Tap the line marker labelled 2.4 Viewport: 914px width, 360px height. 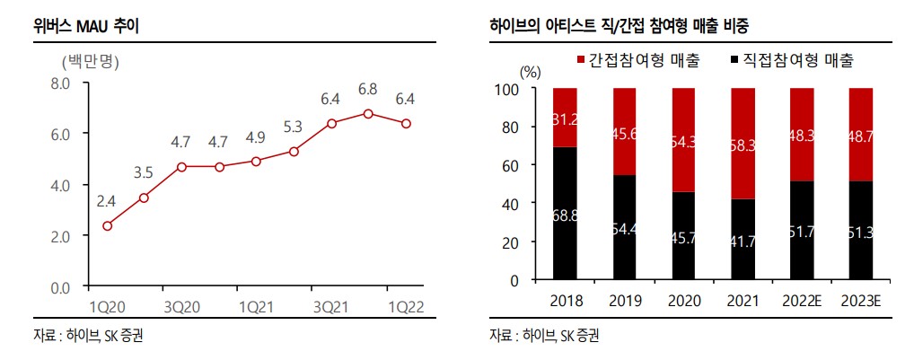(107, 225)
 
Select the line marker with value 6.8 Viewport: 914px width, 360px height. (368, 113)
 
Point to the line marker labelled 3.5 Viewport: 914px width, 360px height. (144, 197)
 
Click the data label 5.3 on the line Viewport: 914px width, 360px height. (294, 127)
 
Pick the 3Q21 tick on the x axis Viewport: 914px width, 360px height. (331, 305)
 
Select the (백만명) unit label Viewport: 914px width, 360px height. (90, 62)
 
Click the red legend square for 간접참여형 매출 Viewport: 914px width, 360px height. (580, 61)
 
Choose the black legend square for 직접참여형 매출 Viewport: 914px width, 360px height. (734, 61)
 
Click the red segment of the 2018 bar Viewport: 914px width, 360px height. (565, 118)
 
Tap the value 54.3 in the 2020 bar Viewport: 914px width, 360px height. (683, 141)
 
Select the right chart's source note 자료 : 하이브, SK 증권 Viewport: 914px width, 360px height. (544, 337)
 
